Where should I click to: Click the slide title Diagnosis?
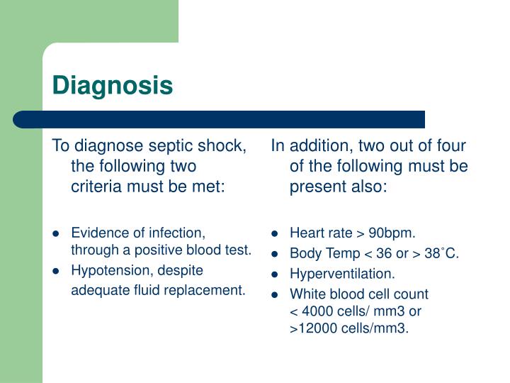pos(113,86)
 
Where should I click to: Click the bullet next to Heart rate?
pos(276,233)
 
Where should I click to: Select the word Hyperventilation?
pos(342,273)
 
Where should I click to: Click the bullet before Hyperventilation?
pos(276,274)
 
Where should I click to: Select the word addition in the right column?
pos(317,146)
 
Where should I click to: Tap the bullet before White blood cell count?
pos(276,294)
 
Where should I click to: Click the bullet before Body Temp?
pos(276,253)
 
